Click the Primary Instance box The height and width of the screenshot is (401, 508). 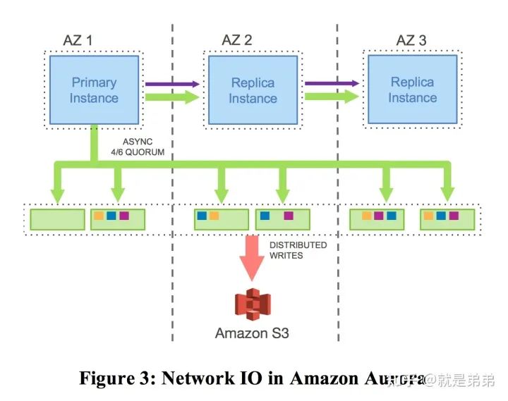click(93, 90)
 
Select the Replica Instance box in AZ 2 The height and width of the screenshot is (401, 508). click(253, 90)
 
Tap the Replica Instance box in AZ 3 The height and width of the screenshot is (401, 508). click(412, 90)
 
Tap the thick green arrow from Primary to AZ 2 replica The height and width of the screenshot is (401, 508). click(172, 97)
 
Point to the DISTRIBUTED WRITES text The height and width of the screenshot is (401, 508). click(298, 249)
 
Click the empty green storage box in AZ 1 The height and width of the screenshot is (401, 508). click(56, 218)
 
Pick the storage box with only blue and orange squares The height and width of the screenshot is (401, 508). click(221, 218)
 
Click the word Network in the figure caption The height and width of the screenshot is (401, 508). click(202, 378)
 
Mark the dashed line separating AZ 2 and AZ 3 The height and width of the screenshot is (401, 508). click(337, 176)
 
